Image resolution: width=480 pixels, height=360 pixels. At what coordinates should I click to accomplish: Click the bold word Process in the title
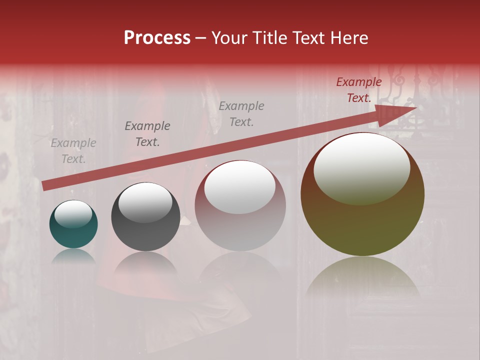(x=157, y=38)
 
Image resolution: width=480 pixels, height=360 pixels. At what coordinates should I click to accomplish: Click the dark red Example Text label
(x=359, y=90)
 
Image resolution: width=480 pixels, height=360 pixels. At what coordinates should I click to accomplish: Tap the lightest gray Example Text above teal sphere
(x=73, y=151)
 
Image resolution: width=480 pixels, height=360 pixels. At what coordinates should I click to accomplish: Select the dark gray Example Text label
(x=147, y=134)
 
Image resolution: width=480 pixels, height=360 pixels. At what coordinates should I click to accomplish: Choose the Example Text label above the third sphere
(x=241, y=113)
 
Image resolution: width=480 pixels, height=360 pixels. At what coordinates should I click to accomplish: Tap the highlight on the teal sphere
(x=73, y=214)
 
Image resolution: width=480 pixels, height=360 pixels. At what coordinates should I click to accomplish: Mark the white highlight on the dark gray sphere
(x=145, y=202)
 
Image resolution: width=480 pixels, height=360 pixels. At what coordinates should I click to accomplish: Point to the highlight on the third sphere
(x=240, y=187)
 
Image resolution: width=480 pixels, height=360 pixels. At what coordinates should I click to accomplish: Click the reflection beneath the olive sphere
(x=362, y=277)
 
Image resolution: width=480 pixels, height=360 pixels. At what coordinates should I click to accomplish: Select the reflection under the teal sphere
(x=73, y=256)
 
